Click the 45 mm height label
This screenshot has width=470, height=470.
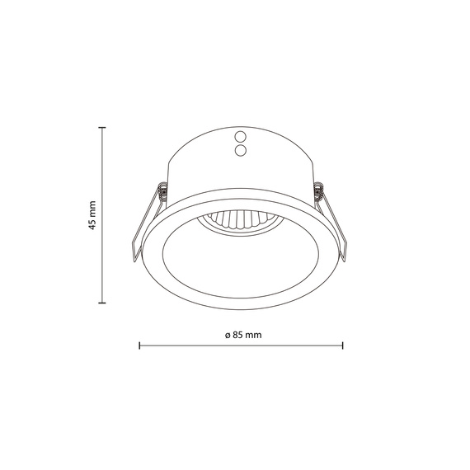92,214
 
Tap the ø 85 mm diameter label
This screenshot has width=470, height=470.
242,336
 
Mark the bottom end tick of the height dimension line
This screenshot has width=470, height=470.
102,303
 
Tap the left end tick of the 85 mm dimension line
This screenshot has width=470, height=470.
139,346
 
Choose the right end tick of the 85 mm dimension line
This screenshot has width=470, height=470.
343,346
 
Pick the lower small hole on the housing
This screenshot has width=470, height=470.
242,150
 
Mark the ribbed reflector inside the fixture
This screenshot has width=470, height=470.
238,220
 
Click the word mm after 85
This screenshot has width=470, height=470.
253,336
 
